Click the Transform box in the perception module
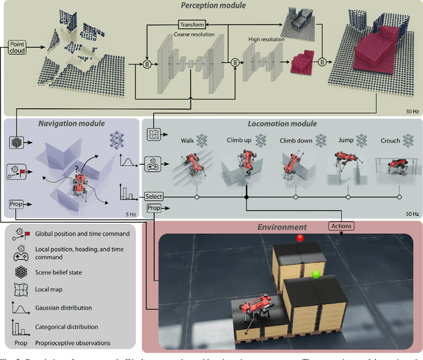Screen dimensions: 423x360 pyautogui.click(x=192, y=24)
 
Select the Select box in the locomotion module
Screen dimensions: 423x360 pyautogui.click(x=153, y=196)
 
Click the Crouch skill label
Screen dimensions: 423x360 pyautogui.click(x=391, y=141)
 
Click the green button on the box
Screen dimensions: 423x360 pyautogui.click(x=315, y=272)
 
